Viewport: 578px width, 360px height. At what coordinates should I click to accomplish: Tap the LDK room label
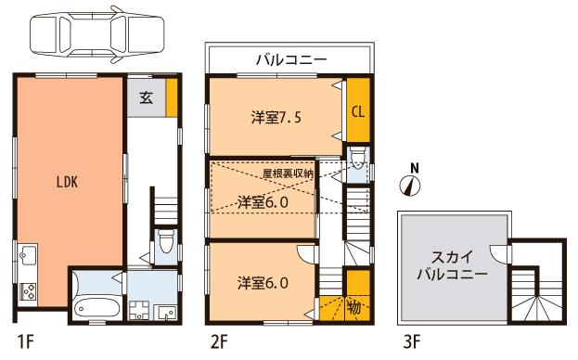68,182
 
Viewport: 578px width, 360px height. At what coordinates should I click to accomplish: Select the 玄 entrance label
147,96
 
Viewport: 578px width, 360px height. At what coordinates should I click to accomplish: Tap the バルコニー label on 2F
291,59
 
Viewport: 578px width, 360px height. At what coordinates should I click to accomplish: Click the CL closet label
357,111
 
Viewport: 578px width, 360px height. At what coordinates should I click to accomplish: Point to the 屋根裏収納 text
288,174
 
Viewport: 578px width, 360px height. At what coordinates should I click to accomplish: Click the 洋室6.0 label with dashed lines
262,200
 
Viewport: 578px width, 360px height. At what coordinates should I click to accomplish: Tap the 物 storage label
354,306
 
